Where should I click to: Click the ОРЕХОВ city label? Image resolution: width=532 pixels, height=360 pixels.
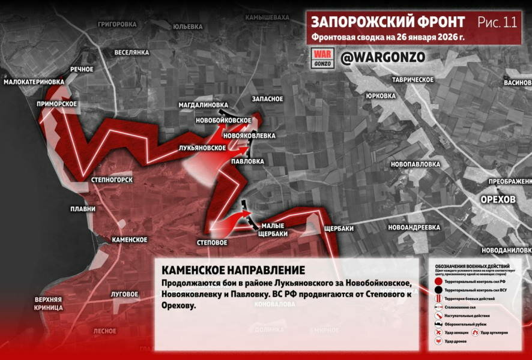(x=498, y=199)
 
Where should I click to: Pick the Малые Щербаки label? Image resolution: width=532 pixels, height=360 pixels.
(x=273, y=230)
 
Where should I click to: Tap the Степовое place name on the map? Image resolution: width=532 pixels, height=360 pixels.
(x=212, y=242)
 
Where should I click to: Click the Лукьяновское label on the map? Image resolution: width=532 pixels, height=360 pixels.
(x=202, y=148)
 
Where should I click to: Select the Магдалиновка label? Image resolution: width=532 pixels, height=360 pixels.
(x=203, y=104)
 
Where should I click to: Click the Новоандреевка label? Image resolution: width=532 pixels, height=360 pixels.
(x=414, y=227)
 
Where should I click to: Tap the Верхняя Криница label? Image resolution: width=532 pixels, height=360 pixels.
(x=49, y=304)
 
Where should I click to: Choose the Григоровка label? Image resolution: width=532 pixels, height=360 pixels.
(x=117, y=25)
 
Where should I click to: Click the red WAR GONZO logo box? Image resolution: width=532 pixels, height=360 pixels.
(x=323, y=58)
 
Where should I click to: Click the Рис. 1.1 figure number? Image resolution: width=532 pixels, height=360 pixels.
(x=497, y=23)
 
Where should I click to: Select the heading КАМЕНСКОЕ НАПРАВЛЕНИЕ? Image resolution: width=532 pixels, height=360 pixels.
(x=233, y=270)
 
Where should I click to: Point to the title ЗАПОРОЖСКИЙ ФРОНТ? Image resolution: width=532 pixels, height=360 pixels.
(x=388, y=22)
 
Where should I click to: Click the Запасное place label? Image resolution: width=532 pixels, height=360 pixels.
(x=268, y=98)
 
